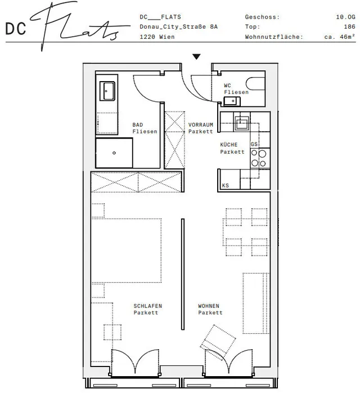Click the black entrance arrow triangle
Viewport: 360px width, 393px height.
[196, 57]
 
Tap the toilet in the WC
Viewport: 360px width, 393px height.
[255, 83]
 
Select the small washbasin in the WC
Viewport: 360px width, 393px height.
[232, 101]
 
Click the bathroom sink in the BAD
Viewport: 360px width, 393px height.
[107, 91]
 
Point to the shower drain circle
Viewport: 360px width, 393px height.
[114, 153]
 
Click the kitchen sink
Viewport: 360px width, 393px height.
[241, 123]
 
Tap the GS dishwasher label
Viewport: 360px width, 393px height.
[254, 144]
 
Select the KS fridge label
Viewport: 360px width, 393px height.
[226, 185]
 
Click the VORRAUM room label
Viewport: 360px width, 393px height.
[200, 124]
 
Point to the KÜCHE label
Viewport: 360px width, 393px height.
[228, 145]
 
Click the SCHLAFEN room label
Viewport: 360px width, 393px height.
[148, 306]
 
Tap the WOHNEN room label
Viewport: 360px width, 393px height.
[209, 306]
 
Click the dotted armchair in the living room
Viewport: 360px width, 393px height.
[218, 343]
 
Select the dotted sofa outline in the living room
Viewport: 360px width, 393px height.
[256, 303]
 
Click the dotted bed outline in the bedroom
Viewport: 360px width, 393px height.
[126, 251]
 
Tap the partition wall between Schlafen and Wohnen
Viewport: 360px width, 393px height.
[183, 274]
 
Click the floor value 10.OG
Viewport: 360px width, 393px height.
[345, 17]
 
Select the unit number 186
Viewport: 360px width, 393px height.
[349, 26]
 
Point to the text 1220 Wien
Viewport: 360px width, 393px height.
[157, 37]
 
